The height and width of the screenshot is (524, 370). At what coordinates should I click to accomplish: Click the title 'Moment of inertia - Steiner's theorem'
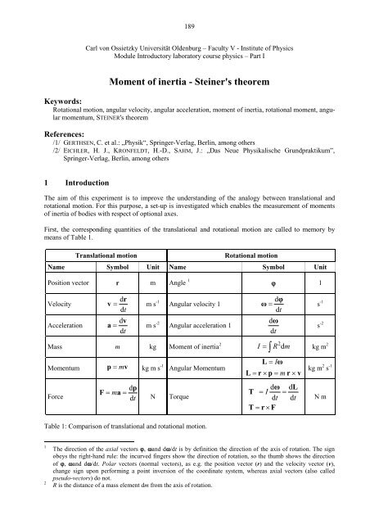(185, 83)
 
